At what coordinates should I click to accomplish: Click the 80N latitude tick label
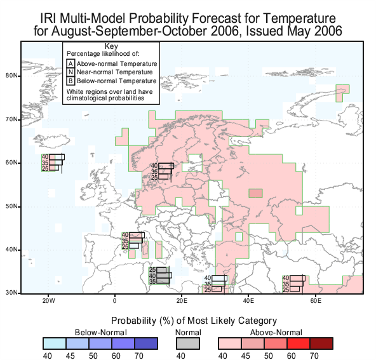11,76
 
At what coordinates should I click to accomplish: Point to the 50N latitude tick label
11,206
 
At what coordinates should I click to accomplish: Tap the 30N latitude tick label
11,293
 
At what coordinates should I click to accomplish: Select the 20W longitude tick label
49,301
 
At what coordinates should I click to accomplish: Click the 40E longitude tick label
248,301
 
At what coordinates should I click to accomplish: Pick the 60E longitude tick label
316,301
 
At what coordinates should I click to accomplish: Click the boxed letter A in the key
70,63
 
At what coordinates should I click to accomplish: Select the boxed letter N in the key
70,72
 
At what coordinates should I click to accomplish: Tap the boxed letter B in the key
70,81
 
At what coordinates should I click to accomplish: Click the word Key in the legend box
111,46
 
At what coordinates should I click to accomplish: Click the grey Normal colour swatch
188,343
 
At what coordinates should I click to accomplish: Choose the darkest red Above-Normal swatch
321,343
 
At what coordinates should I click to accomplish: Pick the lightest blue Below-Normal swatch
55,343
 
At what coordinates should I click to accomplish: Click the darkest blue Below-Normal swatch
146,343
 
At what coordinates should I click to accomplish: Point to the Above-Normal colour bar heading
276,333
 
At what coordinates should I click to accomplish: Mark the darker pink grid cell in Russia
255,193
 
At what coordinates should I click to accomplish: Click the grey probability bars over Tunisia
161,276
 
